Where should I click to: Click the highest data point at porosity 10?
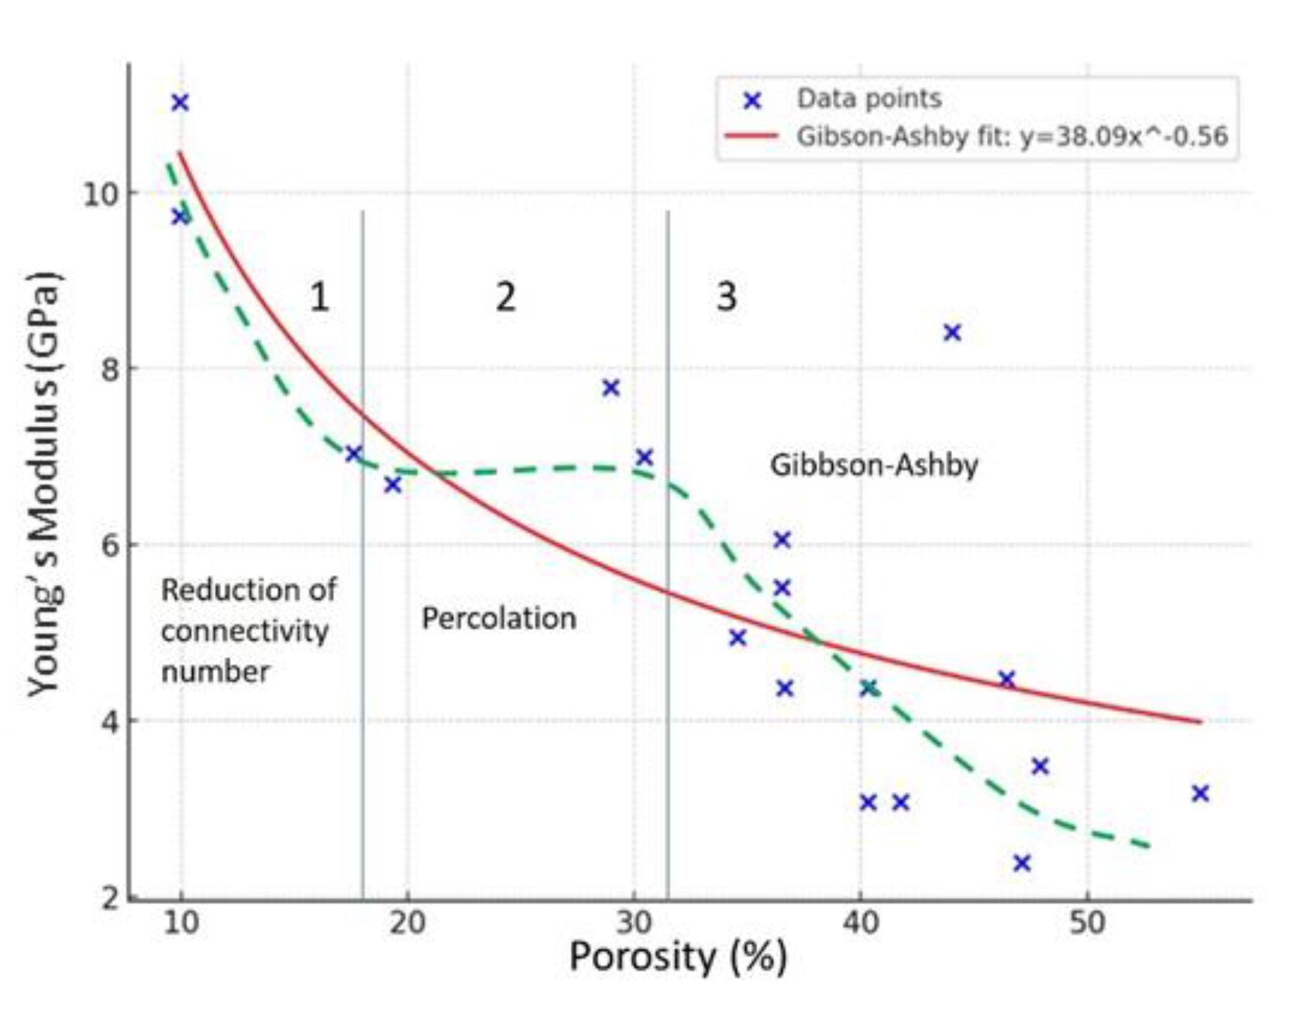[x=180, y=103]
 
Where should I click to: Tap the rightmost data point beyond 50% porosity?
[x=1200, y=794]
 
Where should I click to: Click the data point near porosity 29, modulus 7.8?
[x=611, y=388]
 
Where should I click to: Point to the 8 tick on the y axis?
[x=111, y=368]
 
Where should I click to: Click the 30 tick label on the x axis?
[x=634, y=922]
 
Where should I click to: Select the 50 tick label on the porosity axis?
[x=1087, y=922]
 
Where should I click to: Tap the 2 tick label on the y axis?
[x=111, y=899]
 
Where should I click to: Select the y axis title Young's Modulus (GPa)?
[x=46, y=484]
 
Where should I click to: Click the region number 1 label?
[x=319, y=297]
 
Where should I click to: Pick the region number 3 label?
[x=727, y=297]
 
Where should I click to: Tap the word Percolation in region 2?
[x=498, y=618]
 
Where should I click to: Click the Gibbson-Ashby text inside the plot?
[x=874, y=465]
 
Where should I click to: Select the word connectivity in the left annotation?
[x=245, y=632]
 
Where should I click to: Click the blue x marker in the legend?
[x=752, y=100]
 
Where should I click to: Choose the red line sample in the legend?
[x=752, y=136]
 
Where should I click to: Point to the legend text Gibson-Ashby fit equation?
[x=1011, y=136]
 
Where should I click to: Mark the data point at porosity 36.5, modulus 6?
[x=782, y=540]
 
